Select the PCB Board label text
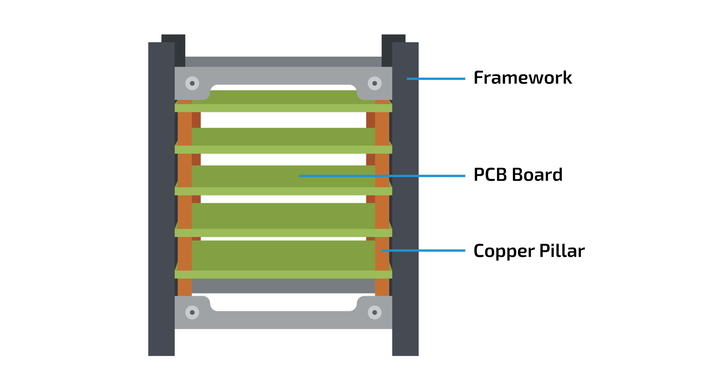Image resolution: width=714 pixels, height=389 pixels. [x=518, y=175]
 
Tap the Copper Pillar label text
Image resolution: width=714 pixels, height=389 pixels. [x=529, y=251]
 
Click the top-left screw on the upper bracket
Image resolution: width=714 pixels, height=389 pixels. [x=192, y=83]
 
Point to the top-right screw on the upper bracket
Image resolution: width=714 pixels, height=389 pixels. [x=374, y=83]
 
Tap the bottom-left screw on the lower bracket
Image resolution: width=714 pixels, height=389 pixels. [x=192, y=312]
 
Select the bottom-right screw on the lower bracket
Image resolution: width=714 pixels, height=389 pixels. [x=374, y=312]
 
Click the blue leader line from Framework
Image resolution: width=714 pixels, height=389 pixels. [x=436, y=79]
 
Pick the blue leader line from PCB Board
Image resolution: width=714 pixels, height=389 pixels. [x=382, y=176]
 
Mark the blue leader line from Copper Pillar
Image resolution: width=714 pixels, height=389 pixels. [x=423, y=251]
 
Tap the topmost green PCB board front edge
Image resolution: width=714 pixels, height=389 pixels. [x=283, y=108]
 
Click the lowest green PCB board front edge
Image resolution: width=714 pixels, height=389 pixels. [x=283, y=274]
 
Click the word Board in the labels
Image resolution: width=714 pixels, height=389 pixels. [x=537, y=175]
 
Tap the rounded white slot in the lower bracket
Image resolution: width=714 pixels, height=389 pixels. [x=283, y=303]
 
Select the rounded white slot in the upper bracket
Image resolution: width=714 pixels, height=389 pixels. [x=283, y=87]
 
